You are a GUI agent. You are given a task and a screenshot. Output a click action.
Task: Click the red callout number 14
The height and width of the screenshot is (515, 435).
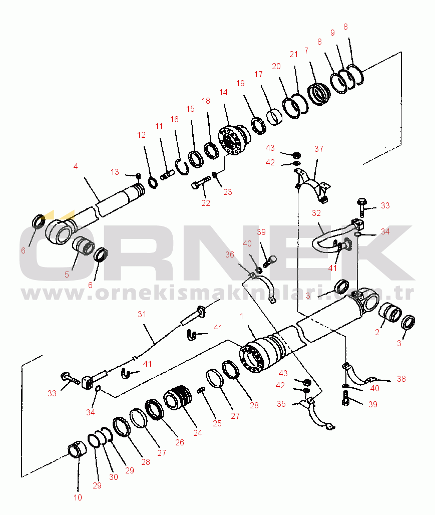(223, 92)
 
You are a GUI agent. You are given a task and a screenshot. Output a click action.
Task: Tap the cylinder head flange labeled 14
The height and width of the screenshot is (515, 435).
(233, 140)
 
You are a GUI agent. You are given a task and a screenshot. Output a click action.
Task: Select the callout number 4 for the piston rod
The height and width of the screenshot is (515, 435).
(76, 166)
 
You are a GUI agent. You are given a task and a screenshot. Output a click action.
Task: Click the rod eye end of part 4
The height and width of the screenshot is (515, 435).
(60, 231)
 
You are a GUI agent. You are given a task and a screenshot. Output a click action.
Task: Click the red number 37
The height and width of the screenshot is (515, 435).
(318, 149)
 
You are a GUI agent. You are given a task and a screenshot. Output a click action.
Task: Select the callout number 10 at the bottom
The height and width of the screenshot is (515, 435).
(78, 497)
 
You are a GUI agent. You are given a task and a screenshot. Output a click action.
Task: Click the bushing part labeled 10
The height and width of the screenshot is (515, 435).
(77, 449)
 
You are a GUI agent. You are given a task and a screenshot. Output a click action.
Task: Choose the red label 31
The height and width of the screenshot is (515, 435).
(142, 314)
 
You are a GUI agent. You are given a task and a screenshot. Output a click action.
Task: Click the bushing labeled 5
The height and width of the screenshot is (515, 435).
(84, 245)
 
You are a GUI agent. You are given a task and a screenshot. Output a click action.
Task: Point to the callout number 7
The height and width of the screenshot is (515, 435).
(306, 51)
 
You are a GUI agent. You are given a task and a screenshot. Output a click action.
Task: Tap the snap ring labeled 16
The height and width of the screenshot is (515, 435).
(181, 166)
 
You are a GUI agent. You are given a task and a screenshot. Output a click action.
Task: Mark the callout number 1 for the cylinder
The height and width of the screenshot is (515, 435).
(242, 316)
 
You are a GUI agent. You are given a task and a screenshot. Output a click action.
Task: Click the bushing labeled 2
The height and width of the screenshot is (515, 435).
(390, 312)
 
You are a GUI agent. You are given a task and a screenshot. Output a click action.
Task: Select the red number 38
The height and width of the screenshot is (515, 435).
(401, 379)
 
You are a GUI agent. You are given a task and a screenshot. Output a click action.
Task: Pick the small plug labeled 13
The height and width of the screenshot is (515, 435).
(138, 176)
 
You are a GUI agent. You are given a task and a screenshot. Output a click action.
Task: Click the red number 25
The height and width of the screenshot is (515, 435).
(217, 423)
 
